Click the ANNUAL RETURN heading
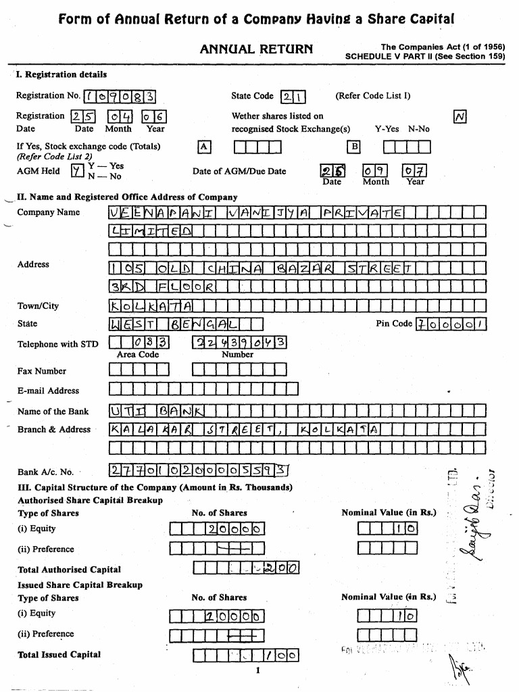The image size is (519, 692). [x=256, y=49]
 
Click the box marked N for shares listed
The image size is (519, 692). [x=460, y=118]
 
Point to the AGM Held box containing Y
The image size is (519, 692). [x=78, y=171]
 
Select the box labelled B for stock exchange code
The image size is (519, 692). [x=354, y=147]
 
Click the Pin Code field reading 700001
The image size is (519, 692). [x=451, y=324]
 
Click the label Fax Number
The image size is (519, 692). [x=42, y=371]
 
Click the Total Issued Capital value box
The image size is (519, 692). [x=246, y=655]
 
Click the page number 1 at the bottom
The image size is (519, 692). [x=257, y=670]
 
